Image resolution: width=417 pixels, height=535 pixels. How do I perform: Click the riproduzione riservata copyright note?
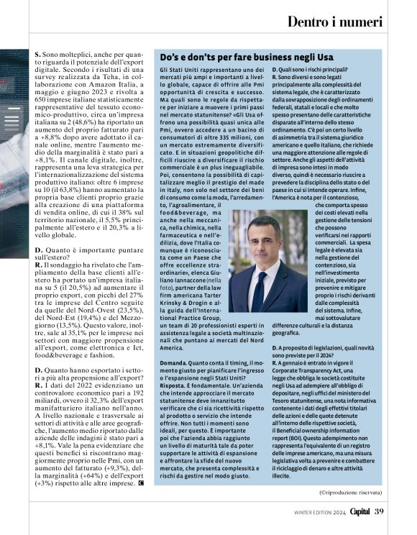pyautogui.click(x=350, y=492)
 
